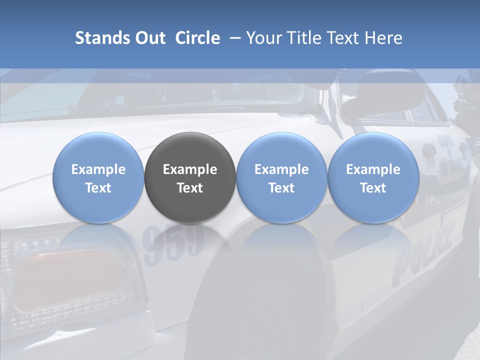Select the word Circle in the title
point(197,38)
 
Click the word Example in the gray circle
point(190,169)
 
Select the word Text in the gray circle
point(190,188)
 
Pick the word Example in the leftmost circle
point(98,169)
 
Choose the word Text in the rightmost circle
point(373,188)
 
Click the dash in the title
point(233,38)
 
